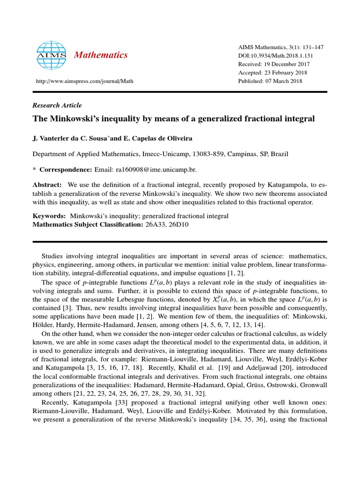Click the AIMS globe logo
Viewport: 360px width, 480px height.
pyautogui.click(x=52, y=55)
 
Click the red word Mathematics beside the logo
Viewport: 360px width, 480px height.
pyautogui.click(x=101, y=55)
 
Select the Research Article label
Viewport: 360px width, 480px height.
pyautogui.click(x=57, y=105)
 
